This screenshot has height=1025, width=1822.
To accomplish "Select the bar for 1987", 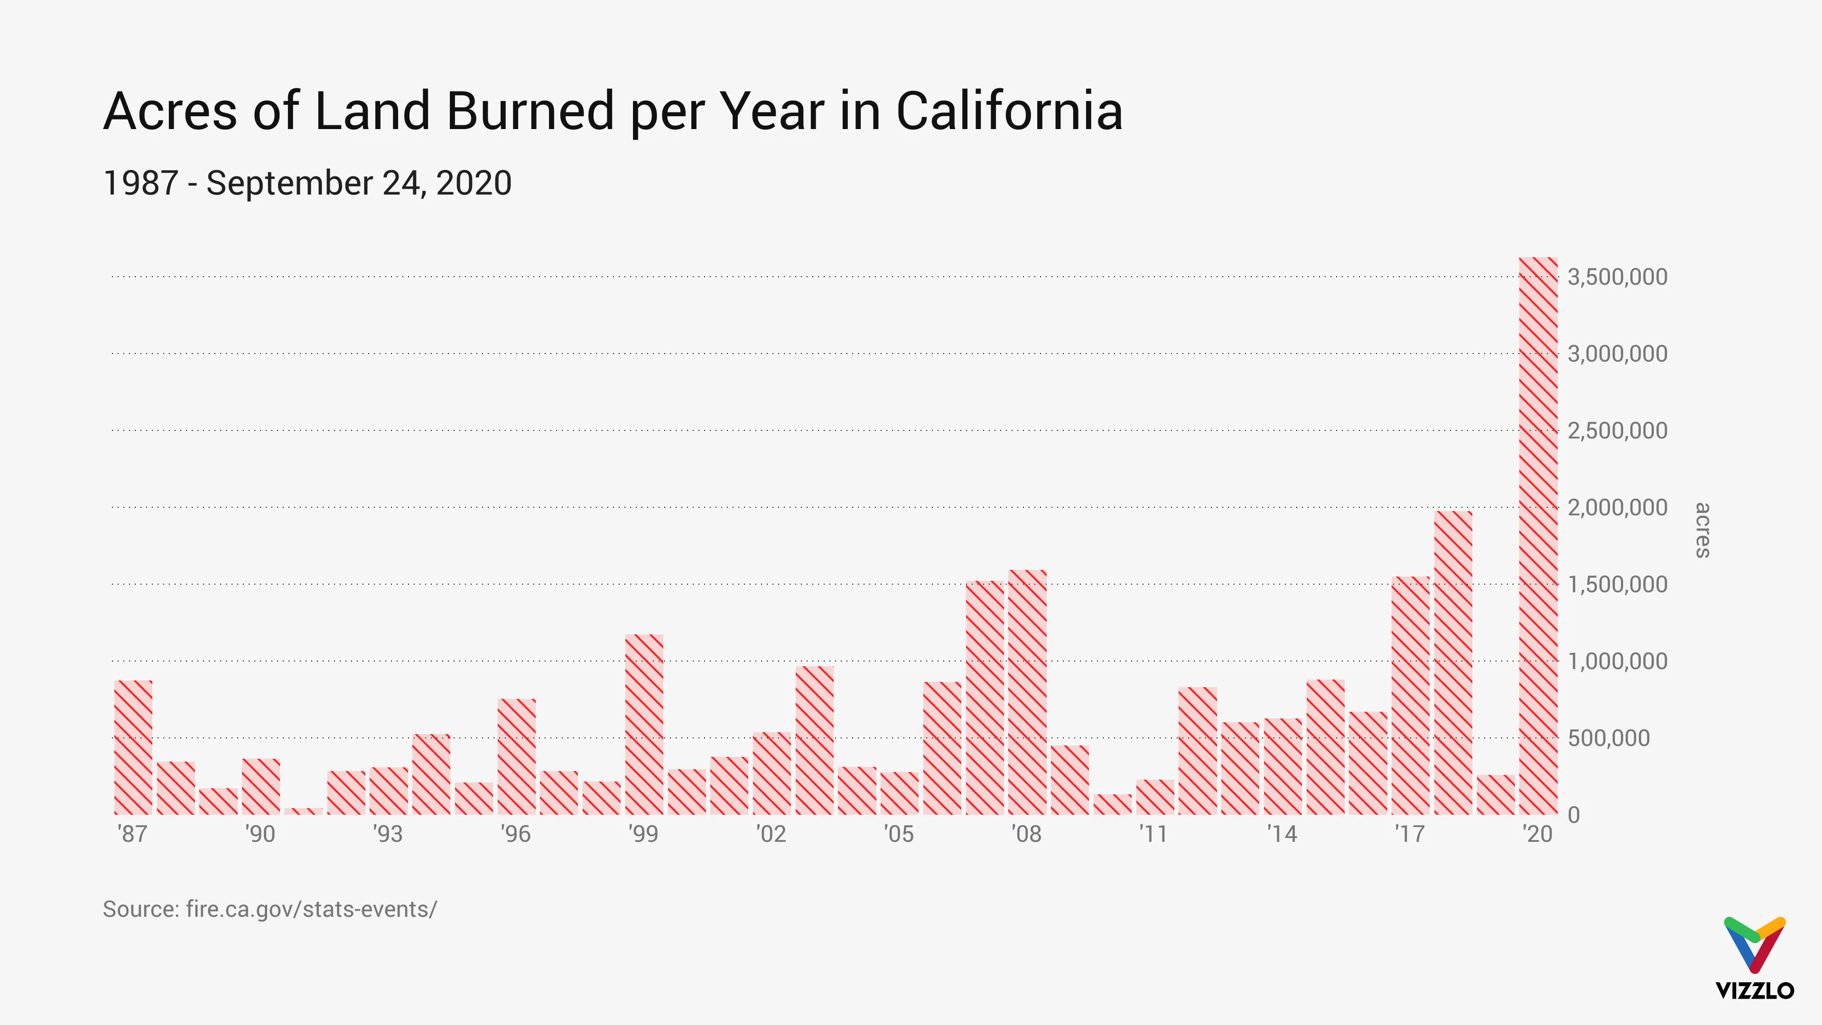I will tap(133, 747).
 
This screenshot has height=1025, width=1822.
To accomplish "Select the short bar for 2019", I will tap(1495, 795).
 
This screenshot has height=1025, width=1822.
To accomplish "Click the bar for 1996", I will tap(516, 757).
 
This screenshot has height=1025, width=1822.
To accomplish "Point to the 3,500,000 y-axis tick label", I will tap(1617, 277).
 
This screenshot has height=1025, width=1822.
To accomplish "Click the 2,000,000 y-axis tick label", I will tap(1617, 507).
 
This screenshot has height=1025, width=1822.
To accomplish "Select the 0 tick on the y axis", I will tap(1574, 815).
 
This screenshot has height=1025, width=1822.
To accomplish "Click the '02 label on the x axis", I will tap(771, 834).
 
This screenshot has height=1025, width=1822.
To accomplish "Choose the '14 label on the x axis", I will tap(1282, 834).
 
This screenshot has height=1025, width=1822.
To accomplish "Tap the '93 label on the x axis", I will tap(388, 834).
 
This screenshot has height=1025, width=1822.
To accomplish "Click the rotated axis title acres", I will tap(1702, 530).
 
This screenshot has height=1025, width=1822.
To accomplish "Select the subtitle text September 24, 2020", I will tap(359, 183).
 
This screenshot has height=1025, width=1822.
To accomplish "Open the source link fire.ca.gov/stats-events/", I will tap(311, 909).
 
